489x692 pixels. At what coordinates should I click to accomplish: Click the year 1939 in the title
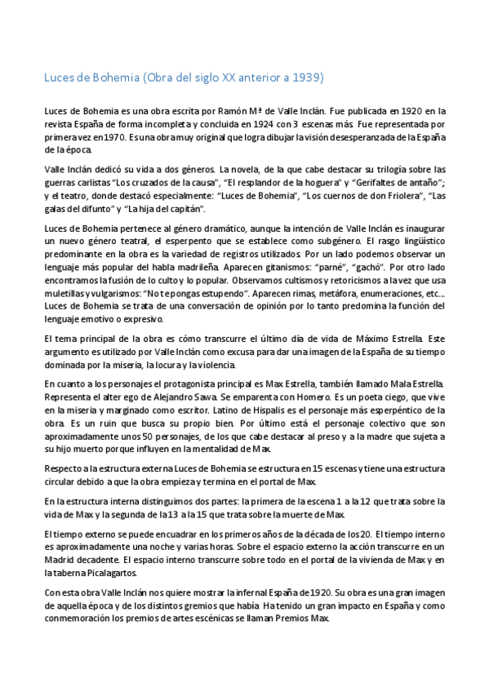coord(309,78)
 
